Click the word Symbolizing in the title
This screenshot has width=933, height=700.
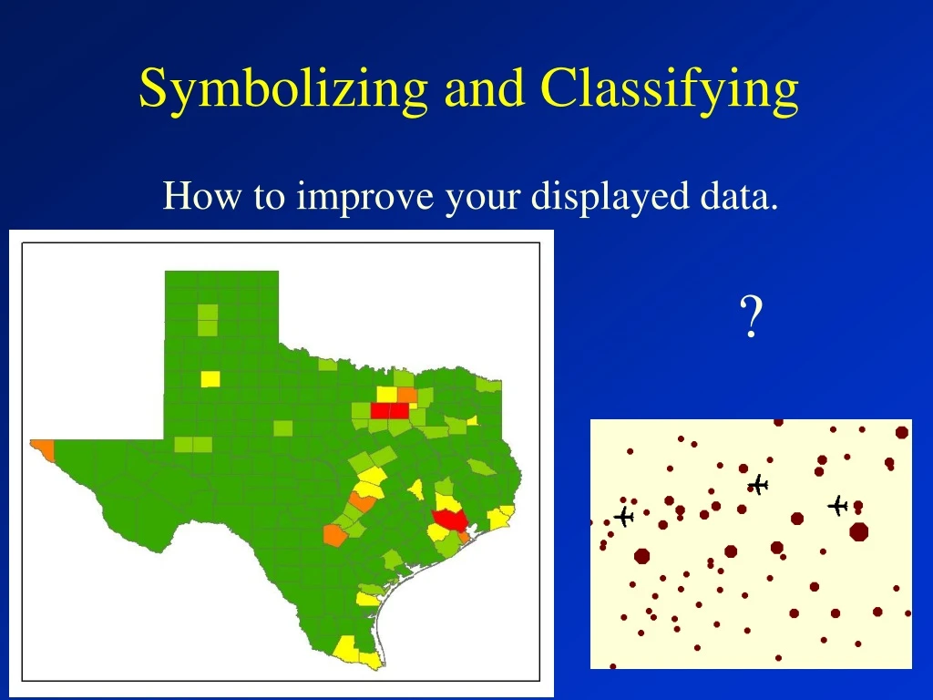pos(282,89)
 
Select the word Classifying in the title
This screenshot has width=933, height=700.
pos(670,89)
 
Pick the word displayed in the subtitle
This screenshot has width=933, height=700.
pos(602,198)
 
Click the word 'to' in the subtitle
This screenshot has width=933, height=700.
pos(269,197)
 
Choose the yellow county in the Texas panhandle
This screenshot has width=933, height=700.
pos(210,377)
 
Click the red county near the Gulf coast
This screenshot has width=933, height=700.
pos(449,520)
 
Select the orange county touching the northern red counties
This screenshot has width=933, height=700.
pos(406,395)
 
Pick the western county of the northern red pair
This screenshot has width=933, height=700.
pos(381,410)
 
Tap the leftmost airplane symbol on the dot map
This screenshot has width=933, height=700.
pos(623,517)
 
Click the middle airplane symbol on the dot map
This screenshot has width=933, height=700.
pos(758,485)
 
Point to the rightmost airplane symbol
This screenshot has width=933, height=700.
pos(838,505)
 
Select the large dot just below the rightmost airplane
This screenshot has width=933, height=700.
pos(858,531)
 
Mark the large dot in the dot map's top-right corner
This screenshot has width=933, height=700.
pos(902,432)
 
